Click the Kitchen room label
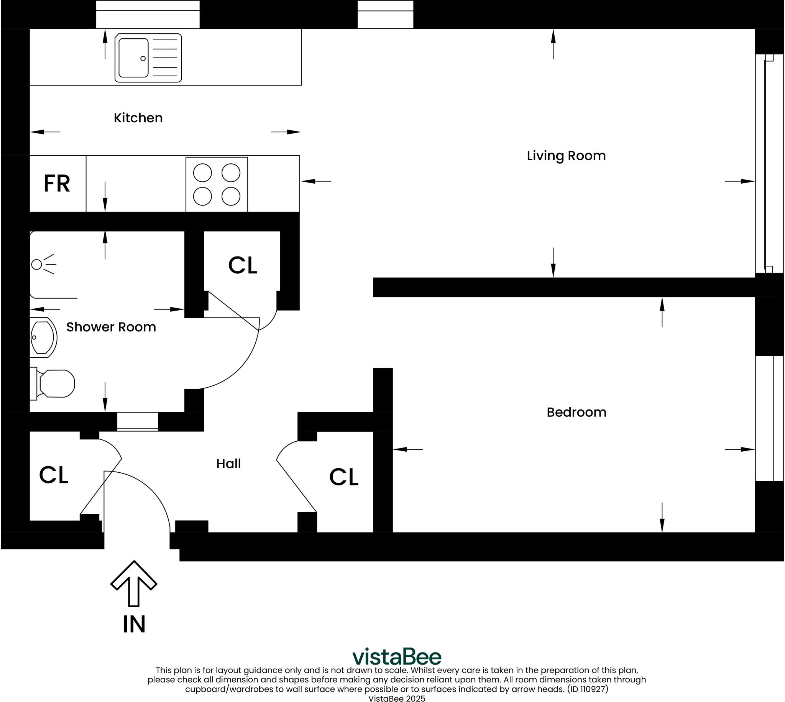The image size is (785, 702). [138, 118]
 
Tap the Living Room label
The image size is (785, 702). [566, 156]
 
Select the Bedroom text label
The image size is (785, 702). [576, 412]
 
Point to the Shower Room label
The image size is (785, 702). [111, 327]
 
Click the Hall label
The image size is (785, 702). [228, 464]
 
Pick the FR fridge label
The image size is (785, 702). [57, 184]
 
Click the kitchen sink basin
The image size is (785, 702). [133, 58]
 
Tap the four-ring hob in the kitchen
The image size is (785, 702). [217, 184]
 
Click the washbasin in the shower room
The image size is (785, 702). [43, 337]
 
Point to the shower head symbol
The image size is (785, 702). [43, 264]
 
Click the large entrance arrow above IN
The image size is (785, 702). [133, 583]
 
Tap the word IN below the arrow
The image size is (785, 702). [134, 625]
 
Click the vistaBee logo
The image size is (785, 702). [397, 657]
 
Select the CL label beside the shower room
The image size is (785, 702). [243, 265]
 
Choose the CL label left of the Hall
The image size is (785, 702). [54, 475]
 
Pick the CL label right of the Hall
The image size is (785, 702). [343, 477]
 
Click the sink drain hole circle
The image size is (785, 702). [143, 59]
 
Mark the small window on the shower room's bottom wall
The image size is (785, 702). [138, 422]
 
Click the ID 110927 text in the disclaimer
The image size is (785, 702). [587, 689]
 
